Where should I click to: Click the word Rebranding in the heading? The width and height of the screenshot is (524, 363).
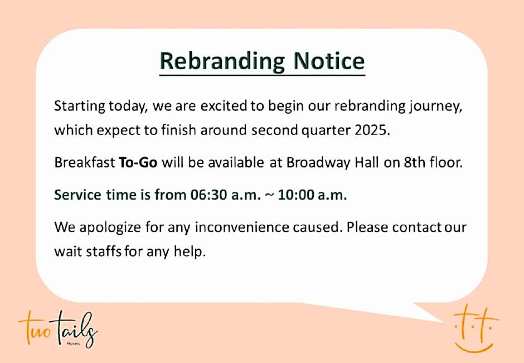tap(222, 61)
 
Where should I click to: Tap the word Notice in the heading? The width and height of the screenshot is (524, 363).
tap(329, 61)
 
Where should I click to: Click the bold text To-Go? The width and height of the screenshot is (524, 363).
tap(138, 162)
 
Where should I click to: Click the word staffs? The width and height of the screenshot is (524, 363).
tap(104, 251)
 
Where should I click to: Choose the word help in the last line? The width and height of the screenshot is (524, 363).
tap(190, 251)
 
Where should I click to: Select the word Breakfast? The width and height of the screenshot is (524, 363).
tap(85, 162)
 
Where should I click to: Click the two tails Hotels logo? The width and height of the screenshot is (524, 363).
tap(58, 329)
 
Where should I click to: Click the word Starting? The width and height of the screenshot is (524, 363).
tap(80, 107)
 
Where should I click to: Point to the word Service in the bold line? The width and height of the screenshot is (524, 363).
tap(77, 195)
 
